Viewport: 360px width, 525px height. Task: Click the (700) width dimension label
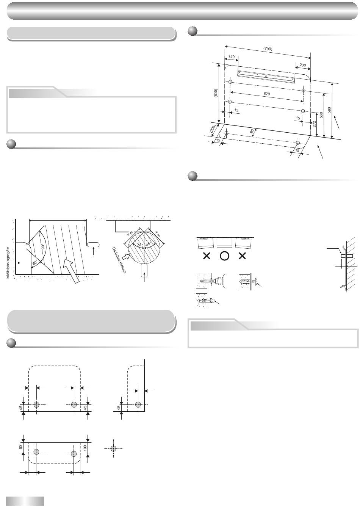point(268,49)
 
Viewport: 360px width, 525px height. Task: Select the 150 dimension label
point(231,56)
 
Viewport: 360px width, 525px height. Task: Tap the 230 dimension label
point(303,65)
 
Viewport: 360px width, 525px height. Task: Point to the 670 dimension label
point(267,94)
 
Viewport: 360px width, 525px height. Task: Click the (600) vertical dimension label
point(216,93)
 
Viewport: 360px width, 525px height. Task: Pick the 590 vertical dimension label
point(329,110)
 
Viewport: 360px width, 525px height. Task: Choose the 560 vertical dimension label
point(321,115)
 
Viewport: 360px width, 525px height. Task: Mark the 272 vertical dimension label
point(315,124)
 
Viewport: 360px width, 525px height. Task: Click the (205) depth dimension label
point(213,129)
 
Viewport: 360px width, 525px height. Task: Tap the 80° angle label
point(35,263)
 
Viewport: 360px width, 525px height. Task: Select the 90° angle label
point(43,246)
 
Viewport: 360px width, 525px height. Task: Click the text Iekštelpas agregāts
point(8,263)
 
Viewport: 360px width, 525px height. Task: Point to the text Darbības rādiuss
point(119,260)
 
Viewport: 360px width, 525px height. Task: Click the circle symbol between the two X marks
point(224,256)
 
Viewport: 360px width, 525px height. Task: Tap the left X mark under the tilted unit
point(207,256)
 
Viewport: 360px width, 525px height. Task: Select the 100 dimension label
point(85,448)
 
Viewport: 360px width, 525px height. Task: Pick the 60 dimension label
point(20,447)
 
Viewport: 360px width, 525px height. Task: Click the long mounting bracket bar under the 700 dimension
point(266,77)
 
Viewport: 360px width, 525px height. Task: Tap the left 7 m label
point(130,233)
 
